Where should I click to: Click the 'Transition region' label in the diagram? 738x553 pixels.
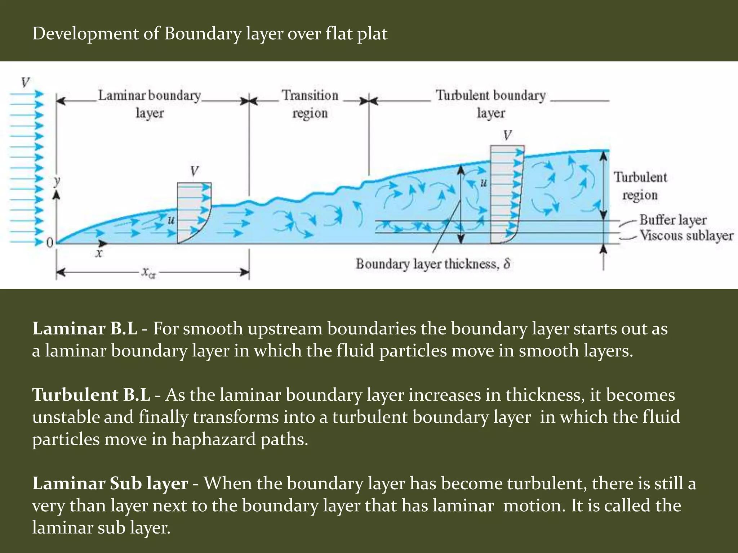310,104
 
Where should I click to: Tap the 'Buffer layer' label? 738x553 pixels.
672,220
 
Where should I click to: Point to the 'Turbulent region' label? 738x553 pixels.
640,186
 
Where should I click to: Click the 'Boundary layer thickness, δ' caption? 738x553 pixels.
433,264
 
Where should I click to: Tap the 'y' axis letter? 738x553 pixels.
57,181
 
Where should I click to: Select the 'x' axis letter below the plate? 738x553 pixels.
99,253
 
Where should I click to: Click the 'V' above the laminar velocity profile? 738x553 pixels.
195,171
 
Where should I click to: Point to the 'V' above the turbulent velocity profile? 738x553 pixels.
507,135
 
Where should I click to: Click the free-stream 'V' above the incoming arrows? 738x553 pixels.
25,83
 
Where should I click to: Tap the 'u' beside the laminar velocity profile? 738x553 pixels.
171,219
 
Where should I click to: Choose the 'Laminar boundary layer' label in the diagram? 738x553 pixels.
150,104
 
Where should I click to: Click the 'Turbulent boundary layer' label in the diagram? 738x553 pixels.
491,104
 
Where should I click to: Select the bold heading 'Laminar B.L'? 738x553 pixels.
85,328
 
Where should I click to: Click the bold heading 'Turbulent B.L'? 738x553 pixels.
91,395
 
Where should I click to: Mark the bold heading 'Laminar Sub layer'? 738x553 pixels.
110,483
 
